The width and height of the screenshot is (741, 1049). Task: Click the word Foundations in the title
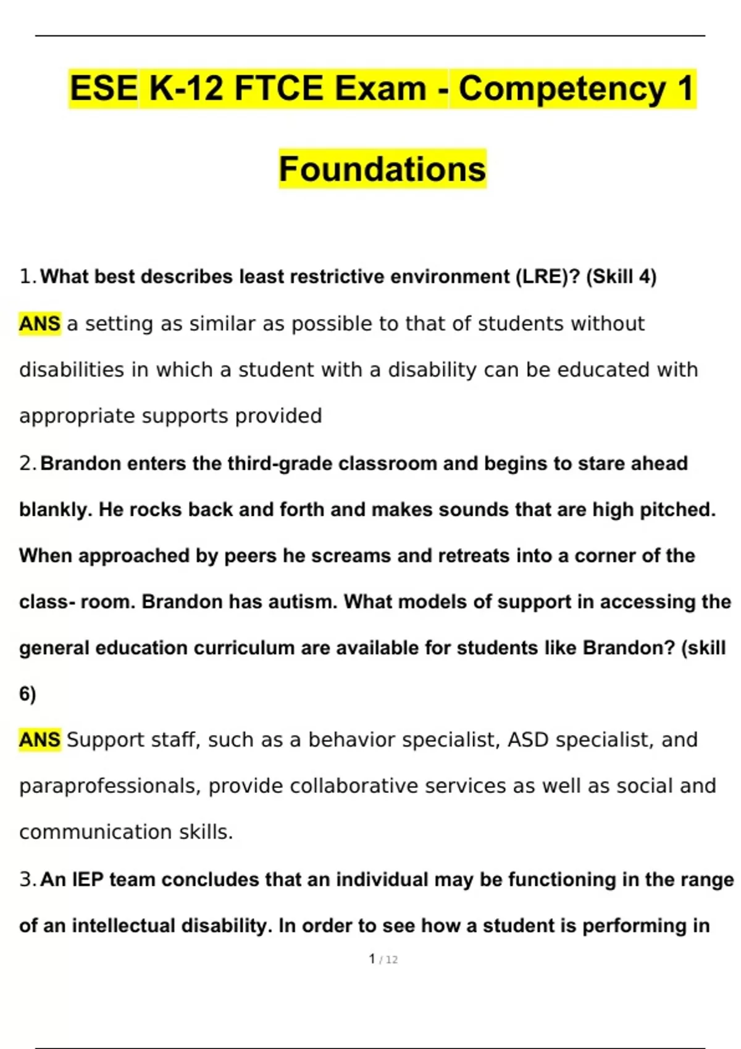click(382, 169)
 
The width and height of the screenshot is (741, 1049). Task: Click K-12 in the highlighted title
click(186, 88)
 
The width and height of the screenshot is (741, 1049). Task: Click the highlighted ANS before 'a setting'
click(40, 323)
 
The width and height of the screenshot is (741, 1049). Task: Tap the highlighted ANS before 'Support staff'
click(40, 739)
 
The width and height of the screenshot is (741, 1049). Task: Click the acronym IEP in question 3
click(88, 879)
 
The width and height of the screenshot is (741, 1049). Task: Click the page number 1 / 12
click(383, 959)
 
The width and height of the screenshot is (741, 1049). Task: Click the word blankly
click(56, 510)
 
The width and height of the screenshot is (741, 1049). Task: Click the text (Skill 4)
click(621, 276)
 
